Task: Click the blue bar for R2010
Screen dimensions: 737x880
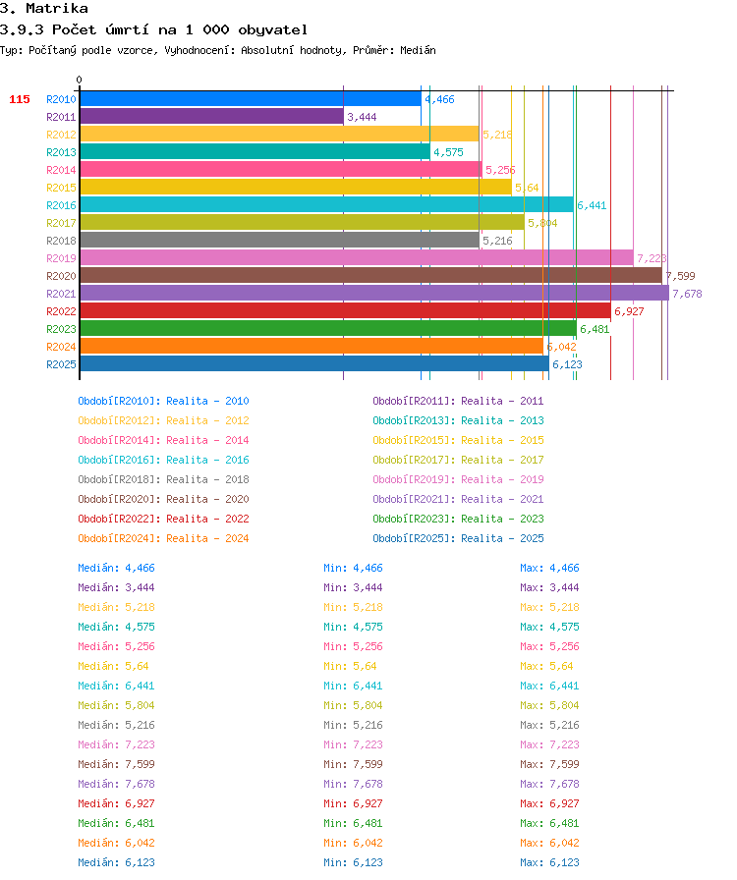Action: (x=251, y=99)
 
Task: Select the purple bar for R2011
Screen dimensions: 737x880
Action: (x=212, y=116)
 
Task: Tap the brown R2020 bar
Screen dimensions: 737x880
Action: (x=371, y=275)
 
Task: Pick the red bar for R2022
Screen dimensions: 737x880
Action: (x=346, y=310)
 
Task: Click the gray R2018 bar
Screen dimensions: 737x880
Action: (x=280, y=240)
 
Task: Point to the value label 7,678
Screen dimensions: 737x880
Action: (x=687, y=294)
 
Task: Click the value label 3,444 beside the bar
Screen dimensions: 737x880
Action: (x=362, y=117)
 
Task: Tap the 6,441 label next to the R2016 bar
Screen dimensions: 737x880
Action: (x=593, y=205)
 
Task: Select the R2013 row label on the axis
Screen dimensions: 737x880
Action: (x=61, y=152)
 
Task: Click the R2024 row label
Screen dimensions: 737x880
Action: (x=61, y=347)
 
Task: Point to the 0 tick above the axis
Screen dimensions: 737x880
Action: (x=80, y=80)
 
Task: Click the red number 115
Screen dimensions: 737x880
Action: (x=20, y=99)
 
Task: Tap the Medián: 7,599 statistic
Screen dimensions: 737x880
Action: (x=116, y=764)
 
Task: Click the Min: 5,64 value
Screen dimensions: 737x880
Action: (x=350, y=666)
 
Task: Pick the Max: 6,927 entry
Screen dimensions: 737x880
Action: (x=549, y=803)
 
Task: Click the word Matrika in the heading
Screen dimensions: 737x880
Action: (x=57, y=9)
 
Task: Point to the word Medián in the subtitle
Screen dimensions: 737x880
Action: (x=418, y=50)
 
